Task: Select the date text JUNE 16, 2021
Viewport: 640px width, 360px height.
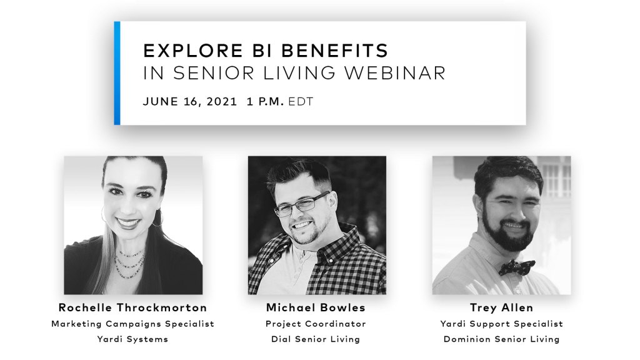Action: pyautogui.click(x=190, y=102)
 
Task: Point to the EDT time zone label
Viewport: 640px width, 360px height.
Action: pyautogui.click(x=301, y=101)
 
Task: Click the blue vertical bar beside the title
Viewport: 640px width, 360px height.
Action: pyautogui.click(x=117, y=73)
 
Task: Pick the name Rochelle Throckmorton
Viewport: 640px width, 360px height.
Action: pyautogui.click(x=132, y=307)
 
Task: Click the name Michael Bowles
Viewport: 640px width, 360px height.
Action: pyautogui.click(x=316, y=307)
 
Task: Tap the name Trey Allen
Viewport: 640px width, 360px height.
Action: pyautogui.click(x=501, y=307)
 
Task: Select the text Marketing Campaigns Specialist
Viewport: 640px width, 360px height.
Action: pyautogui.click(x=132, y=324)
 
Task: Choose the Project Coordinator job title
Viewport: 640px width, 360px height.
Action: pyautogui.click(x=316, y=324)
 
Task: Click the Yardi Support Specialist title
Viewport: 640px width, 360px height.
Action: pyautogui.click(x=501, y=324)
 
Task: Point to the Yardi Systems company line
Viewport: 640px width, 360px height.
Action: pyautogui.click(x=132, y=339)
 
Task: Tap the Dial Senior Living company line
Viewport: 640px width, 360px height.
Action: pyautogui.click(x=316, y=339)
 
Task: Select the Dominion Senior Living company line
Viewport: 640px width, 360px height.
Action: pyautogui.click(x=501, y=339)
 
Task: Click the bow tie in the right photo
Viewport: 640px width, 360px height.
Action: pyautogui.click(x=516, y=267)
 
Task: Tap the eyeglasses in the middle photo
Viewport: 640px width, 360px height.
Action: pyautogui.click(x=302, y=204)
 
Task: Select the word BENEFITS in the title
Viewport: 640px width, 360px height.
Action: pyautogui.click(x=335, y=51)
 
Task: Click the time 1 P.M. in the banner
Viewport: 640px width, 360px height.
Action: pyautogui.click(x=265, y=101)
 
